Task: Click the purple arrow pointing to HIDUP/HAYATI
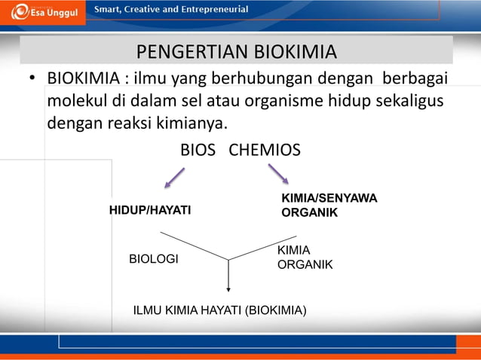click(175, 178)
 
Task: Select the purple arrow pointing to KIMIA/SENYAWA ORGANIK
click(278, 174)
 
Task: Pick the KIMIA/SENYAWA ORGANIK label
click(329, 205)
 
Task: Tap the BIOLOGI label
click(154, 259)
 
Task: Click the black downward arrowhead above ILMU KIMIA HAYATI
click(228, 288)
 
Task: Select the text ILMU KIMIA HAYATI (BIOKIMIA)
click(219, 309)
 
